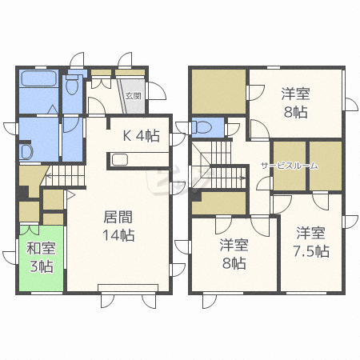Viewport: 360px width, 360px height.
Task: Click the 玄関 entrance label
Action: coord(134,95)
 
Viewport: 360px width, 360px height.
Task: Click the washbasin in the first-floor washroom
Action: coord(25,150)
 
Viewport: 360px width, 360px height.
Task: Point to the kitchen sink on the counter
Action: coord(119,158)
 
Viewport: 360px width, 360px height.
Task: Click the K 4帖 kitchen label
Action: coord(141,136)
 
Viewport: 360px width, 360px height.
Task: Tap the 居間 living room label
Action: coord(118,218)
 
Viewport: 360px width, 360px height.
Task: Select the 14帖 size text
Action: coord(118,235)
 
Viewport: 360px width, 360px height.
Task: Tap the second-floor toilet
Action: coord(202,126)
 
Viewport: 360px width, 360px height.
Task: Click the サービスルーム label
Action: coord(289,166)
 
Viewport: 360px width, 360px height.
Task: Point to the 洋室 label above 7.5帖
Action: coord(311,233)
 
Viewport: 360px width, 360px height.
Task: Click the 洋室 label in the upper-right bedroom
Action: coord(294,94)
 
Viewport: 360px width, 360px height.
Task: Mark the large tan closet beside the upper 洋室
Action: coord(218,93)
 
